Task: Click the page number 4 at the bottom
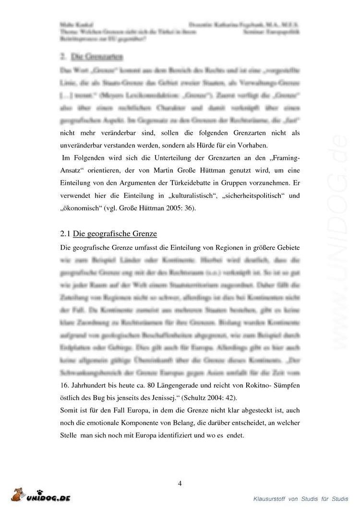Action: [180, 483]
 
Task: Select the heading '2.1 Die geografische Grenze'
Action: [109, 234]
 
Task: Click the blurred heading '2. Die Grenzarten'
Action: [92, 57]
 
